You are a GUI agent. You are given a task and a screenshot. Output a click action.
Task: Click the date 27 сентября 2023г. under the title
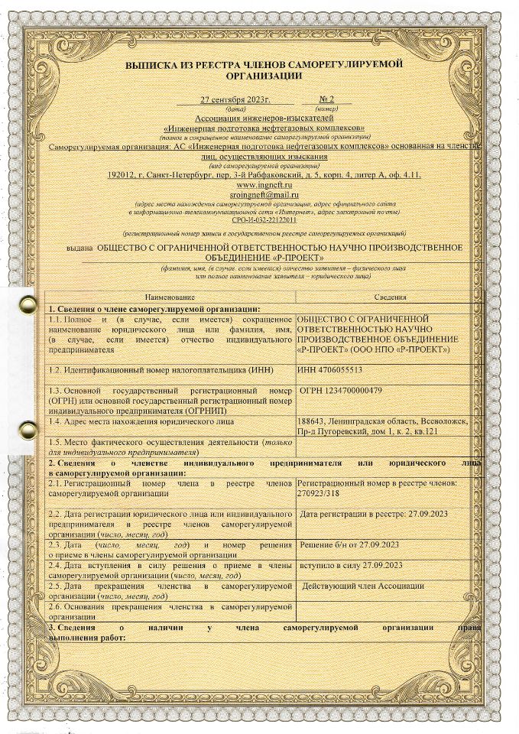(236, 100)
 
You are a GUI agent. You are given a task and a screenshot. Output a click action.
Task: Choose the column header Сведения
(390, 297)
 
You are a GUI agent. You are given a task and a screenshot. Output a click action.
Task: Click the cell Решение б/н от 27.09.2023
(348, 544)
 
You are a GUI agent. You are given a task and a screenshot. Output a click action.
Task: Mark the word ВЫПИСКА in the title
(150, 65)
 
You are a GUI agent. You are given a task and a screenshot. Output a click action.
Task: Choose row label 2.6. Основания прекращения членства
(170, 611)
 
